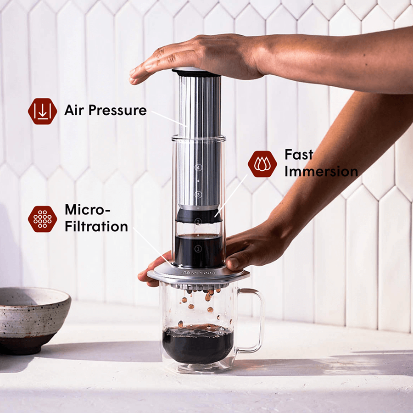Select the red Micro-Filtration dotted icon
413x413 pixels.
pyautogui.click(x=42, y=219)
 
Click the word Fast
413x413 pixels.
pyautogui.click(x=298, y=155)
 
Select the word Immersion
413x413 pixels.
pyautogui.click(x=321, y=172)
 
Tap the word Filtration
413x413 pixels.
pyautogui.click(x=96, y=226)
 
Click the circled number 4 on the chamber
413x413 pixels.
pyautogui.click(x=198, y=167)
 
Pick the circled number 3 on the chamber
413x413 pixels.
pyautogui.click(x=198, y=195)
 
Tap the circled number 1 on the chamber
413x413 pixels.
pyautogui.click(x=198, y=249)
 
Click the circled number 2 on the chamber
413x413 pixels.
pyautogui.click(x=198, y=222)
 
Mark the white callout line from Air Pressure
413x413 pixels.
pyautogui.click(x=167, y=117)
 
